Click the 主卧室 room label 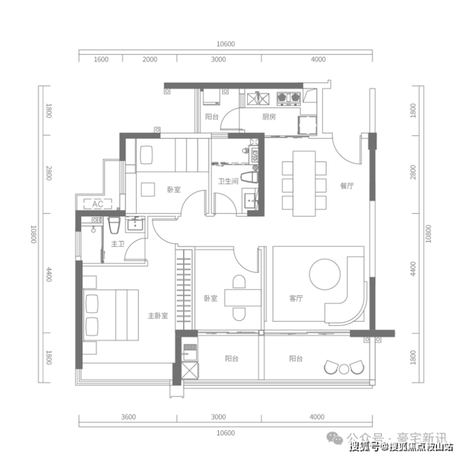(158, 316)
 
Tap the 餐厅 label (346, 186)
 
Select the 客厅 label (296, 298)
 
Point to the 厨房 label (268, 117)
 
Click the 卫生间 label (228, 181)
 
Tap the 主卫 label (118, 244)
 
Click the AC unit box (98, 204)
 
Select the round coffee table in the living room (325, 274)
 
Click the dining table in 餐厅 (304, 184)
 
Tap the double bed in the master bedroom (111, 315)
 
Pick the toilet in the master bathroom (114, 225)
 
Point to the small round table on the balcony (344, 369)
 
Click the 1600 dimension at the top (101, 59)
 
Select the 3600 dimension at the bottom (128, 417)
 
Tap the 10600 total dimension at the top (226, 44)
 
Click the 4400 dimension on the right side (413, 269)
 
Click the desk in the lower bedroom (243, 298)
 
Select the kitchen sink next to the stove (258, 99)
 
